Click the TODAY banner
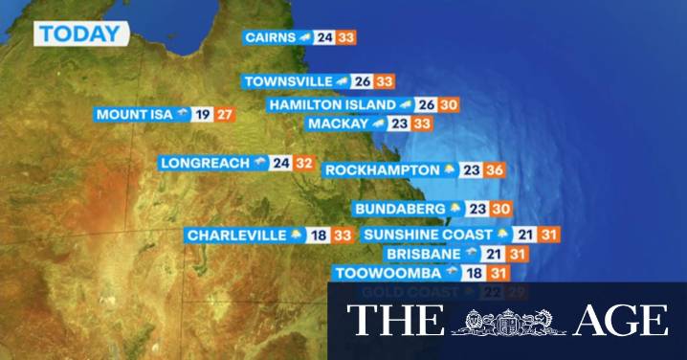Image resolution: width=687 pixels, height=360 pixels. coord(81,34)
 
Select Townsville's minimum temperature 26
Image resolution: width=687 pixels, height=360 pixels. coord(363,82)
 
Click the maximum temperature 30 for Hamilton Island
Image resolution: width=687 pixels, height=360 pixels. coord(450,104)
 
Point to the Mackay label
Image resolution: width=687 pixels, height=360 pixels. coord(338,124)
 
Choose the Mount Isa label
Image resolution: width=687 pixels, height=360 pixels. coord(134,115)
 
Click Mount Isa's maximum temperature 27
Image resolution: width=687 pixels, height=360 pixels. coord(225,115)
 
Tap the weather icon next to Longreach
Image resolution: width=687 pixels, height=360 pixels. coord(258,163)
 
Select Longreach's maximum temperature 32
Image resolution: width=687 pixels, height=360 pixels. coord(304,163)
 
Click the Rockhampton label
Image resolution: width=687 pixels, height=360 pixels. coord(382,170)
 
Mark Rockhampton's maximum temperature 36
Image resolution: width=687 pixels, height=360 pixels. coord(494,170)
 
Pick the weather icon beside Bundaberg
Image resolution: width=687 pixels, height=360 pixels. coord(455,208)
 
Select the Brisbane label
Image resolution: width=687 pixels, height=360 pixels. coord(425,254)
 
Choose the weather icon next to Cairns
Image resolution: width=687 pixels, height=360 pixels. coord(304,37)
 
